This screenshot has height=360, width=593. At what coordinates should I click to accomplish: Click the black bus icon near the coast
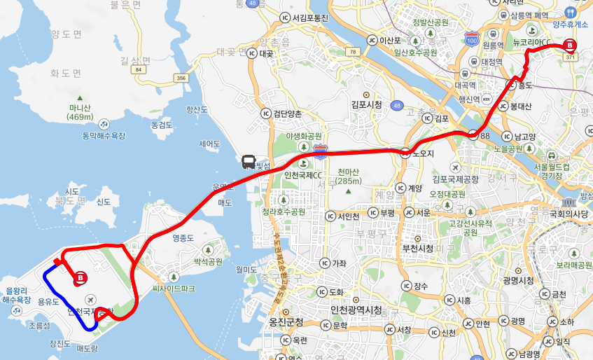point(249,162)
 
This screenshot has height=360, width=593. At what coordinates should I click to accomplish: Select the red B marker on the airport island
point(81,278)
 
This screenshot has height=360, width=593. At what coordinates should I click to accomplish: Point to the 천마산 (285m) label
point(348,176)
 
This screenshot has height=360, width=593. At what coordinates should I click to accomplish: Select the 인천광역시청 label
point(356,310)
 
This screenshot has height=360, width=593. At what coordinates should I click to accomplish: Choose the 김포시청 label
point(367,104)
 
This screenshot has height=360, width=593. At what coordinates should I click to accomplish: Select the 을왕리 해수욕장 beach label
point(15,295)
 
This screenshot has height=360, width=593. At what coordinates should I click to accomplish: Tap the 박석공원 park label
point(208,262)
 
